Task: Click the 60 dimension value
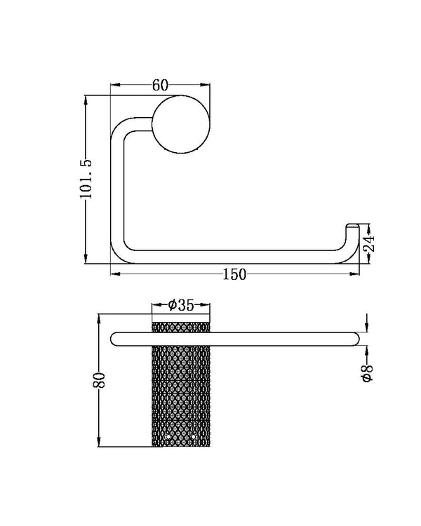[x=160, y=86]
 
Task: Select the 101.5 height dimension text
[x=87, y=179]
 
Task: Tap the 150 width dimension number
[x=234, y=274]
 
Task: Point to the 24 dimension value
[x=370, y=244]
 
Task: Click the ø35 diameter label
[x=181, y=305]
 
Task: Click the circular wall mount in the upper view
[x=180, y=124]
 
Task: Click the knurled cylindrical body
[x=180, y=393]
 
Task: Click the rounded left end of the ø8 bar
[x=116, y=339]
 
